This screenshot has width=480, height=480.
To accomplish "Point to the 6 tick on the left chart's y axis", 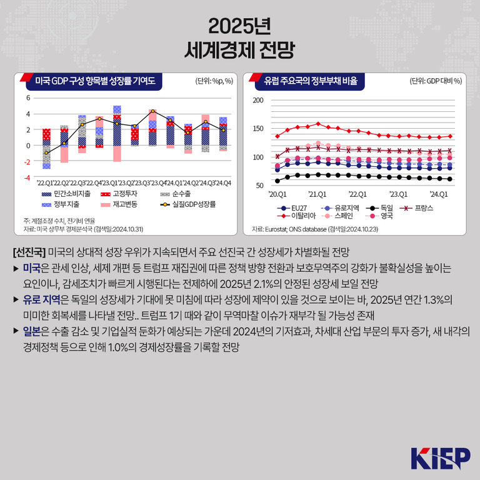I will pyautogui.click(x=27, y=98).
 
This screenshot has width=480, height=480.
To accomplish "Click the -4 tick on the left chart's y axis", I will pyautogui.click(x=26, y=178).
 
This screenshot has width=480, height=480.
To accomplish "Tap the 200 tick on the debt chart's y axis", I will pyautogui.click(x=257, y=100).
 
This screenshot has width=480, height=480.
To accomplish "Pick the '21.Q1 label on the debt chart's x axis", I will pyautogui.click(x=317, y=194).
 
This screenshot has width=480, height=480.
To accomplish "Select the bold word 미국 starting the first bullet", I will pyautogui.click(x=31, y=267).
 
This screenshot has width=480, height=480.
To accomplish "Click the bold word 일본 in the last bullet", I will pyautogui.click(x=31, y=330).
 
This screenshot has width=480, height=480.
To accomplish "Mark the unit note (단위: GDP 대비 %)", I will pyautogui.click(x=435, y=81).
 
